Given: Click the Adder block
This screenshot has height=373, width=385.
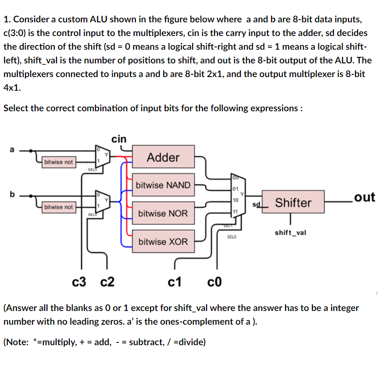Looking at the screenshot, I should (x=163, y=157).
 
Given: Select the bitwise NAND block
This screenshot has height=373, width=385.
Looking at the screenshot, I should (x=163, y=185).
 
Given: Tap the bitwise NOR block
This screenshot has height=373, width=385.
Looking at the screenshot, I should (x=163, y=213).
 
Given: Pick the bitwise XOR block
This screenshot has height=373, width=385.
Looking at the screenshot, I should (x=163, y=241).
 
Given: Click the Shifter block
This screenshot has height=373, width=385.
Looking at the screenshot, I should (x=293, y=202).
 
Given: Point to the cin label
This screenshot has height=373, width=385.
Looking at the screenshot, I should (x=119, y=139).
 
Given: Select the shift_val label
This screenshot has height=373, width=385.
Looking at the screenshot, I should (x=291, y=233).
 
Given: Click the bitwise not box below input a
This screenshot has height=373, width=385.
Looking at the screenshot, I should (x=58, y=162).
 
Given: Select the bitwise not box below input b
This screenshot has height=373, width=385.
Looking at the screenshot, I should (x=58, y=207).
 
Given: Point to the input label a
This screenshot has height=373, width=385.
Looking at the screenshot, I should (x=12, y=149).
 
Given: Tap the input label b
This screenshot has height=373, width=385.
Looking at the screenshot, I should (x=12, y=193).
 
